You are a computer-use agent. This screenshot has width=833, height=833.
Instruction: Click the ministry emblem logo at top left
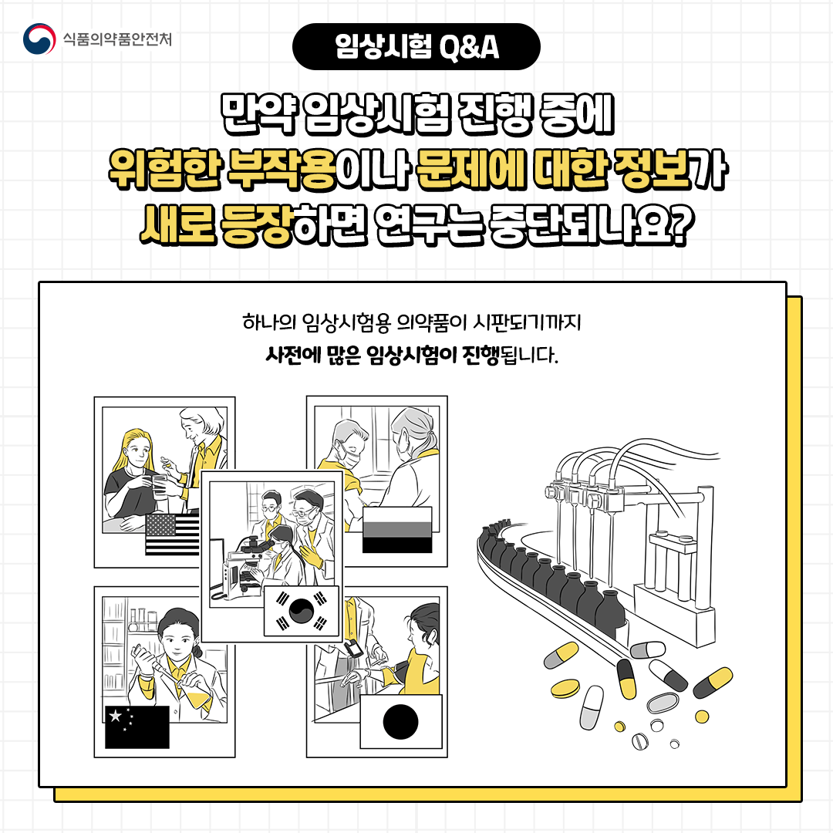tap(39, 39)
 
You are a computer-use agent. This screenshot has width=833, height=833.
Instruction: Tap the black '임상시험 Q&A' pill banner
tap(416, 47)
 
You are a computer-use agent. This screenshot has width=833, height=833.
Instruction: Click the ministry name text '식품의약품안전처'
tap(117, 39)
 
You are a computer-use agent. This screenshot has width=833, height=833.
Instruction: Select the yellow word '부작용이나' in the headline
tap(319, 169)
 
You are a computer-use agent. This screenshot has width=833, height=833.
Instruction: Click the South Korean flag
tap(302, 611)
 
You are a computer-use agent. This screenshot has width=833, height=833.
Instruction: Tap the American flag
tap(172, 535)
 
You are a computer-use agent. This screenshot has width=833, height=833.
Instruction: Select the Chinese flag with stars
tap(137, 727)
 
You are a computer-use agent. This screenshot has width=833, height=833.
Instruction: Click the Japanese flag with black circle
tap(401, 721)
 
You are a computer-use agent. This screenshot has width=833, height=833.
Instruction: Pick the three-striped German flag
tap(397, 530)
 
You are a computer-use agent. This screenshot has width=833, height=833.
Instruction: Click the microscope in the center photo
tap(247, 564)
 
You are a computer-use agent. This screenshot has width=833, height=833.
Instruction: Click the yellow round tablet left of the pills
tap(565, 689)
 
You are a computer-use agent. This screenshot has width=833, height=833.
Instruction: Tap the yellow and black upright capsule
tap(626, 679)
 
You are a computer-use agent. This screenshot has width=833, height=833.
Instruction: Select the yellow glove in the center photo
tap(311, 555)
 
